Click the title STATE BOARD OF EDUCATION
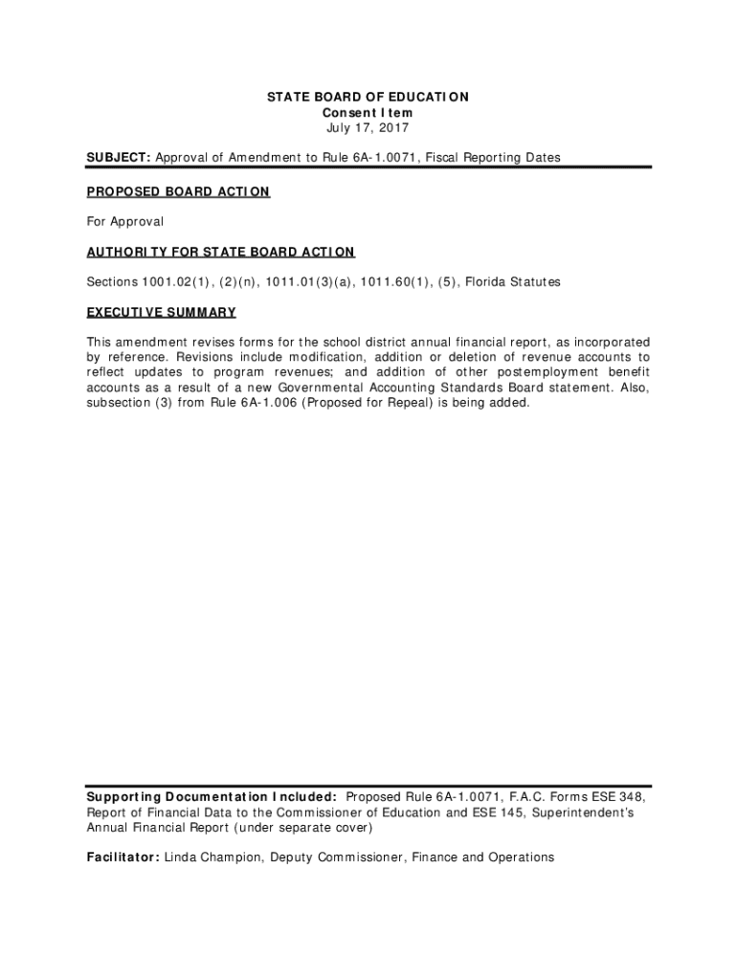point(368,97)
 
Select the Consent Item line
point(368,112)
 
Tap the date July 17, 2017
point(368,127)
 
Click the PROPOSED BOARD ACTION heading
point(178,192)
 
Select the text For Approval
point(125,222)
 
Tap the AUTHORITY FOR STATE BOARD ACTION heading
point(220,252)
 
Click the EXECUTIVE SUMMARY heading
point(161,312)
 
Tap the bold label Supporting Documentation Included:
point(212,796)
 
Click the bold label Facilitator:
point(123,857)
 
